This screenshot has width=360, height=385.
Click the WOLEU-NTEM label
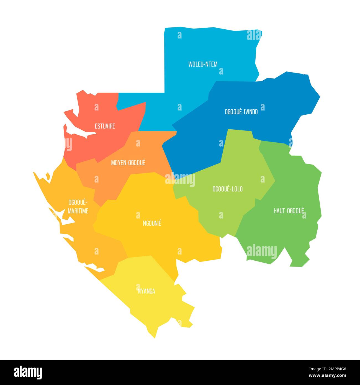coord(203,64)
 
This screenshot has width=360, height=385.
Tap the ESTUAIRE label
coord(105,126)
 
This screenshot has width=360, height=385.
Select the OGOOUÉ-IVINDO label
coord(241,112)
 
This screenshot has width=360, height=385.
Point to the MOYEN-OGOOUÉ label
coord(128,163)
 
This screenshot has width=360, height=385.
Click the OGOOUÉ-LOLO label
coord(227,189)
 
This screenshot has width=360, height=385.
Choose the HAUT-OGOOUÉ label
coord(289,211)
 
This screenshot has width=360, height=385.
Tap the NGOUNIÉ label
coord(152,223)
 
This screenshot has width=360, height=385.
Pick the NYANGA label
coord(146,291)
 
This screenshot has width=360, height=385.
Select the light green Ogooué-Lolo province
coord(241,166)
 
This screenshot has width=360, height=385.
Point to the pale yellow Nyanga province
coord(155,307)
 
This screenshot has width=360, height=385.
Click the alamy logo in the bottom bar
coord(28,372)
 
